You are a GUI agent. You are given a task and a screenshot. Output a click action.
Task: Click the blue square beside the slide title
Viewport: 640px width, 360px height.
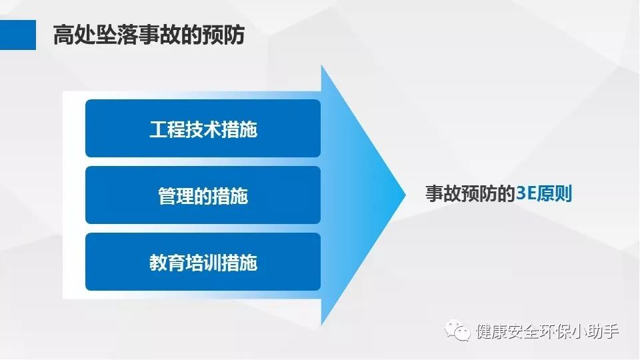tap(18, 35)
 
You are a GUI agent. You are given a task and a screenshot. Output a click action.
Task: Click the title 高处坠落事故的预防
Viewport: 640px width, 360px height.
tap(149, 35)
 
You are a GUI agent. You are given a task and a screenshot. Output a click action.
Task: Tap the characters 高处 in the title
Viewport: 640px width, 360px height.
tap(74, 35)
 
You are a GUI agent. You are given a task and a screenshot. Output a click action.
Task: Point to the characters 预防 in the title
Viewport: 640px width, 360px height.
tap(223, 35)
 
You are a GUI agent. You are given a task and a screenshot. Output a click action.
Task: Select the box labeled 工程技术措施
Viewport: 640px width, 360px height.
tap(203, 128)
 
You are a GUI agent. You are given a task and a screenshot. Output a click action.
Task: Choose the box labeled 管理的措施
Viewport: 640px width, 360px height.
tap(203, 195)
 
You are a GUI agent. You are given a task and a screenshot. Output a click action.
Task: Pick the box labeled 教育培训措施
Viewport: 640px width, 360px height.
tap(203, 261)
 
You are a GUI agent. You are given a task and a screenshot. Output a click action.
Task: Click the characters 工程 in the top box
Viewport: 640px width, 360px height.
tap(167, 129)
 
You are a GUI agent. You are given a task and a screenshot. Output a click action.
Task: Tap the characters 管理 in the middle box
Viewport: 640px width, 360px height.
tap(176, 196)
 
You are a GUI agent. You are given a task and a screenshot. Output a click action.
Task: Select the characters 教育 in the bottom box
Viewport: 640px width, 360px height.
tap(167, 263)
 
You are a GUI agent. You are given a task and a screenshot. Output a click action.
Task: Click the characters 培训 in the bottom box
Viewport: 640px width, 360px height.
tap(203, 263)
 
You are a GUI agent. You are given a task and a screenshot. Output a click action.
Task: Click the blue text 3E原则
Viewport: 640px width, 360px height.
tap(544, 193)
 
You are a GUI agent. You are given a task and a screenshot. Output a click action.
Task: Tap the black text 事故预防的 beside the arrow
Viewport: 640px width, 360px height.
tap(470, 193)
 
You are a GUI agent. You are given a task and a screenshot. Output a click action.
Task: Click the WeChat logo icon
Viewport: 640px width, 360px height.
tap(457, 330)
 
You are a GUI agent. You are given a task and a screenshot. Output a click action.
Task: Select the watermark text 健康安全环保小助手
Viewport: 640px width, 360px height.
tap(547, 331)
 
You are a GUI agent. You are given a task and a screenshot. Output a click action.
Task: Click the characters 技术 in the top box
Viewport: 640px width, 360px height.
tap(203, 129)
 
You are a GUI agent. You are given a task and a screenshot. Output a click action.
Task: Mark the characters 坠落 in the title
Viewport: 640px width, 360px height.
tap(117, 35)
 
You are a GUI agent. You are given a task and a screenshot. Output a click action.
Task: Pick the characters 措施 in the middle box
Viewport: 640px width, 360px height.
tap(230, 196)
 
